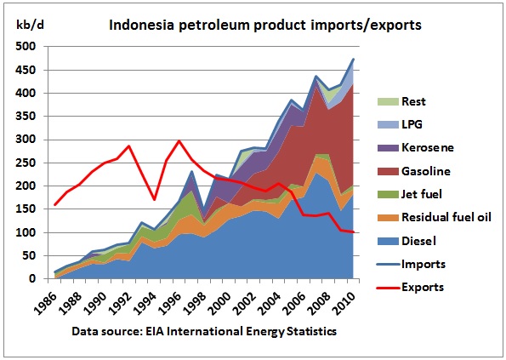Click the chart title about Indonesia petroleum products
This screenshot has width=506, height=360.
[x=265, y=25]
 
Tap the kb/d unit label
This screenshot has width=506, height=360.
[x=30, y=25]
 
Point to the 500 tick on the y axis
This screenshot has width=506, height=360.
[x=26, y=47]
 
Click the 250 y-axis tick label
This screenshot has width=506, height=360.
[x=26, y=163]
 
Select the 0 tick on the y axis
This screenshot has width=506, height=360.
[x=31, y=278]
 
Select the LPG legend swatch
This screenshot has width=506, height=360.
[x=388, y=124]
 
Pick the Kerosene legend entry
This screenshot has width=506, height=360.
[x=416, y=148]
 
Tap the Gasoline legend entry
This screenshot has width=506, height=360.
[x=413, y=171]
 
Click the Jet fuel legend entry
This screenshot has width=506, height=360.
[x=410, y=194]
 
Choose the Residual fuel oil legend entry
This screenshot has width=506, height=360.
[x=435, y=218]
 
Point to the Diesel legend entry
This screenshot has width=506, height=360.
[x=407, y=241]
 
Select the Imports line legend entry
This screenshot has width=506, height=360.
[x=411, y=265]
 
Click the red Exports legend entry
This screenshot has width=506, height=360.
[x=410, y=288]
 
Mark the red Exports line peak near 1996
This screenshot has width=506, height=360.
[x=179, y=140]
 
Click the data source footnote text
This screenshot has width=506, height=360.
[x=204, y=332]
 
